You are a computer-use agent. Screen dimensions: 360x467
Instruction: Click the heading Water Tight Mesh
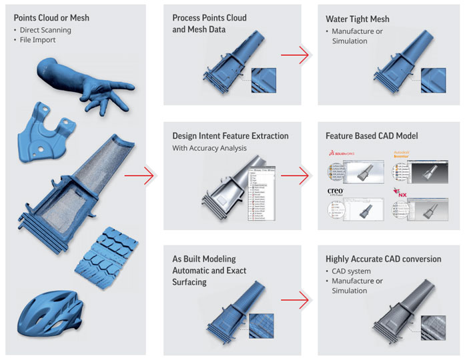click(x=357, y=19)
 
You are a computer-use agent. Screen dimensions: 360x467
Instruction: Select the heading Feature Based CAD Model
click(x=372, y=136)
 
